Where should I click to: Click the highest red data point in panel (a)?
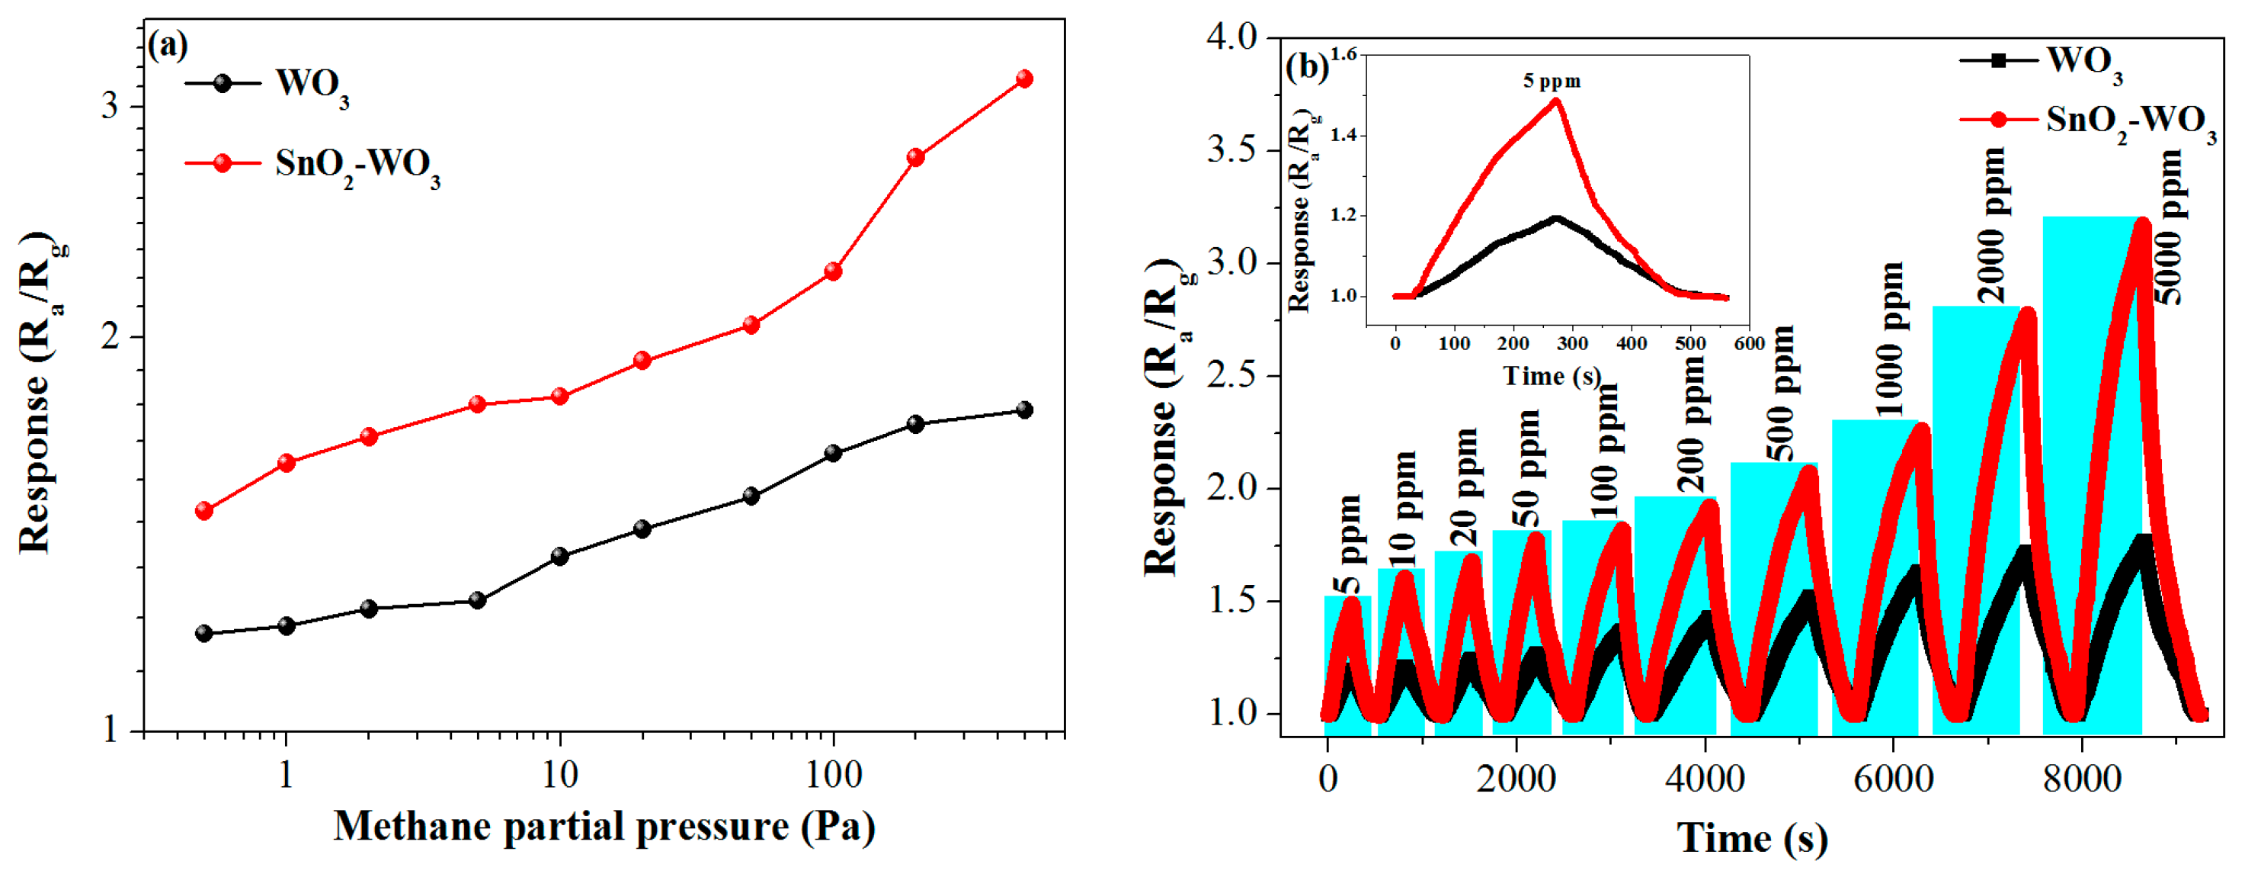(1025, 79)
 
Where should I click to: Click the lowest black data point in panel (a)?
(204, 633)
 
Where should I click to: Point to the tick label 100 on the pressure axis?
(833, 775)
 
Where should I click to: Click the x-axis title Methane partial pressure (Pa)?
(604, 827)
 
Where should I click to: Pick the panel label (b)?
(1307, 67)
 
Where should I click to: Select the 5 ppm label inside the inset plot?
(1552, 82)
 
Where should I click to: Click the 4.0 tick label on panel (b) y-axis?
(1231, 37)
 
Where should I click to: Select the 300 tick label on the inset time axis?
(1572, 343)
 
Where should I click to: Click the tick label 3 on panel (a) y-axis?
(110, 106)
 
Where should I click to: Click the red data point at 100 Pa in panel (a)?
(833, 272)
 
